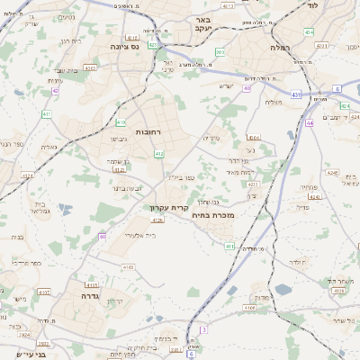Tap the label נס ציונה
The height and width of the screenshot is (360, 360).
tap(123, 46)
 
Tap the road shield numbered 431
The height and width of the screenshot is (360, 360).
tap(296, 93)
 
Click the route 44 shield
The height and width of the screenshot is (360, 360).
tap(309, 123)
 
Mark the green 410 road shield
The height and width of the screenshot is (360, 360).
tap(121, 122)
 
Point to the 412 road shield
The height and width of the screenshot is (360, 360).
tap(159, 154)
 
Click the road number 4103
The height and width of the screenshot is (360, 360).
tap(129, 266)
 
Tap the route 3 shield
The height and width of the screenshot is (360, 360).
tap(204, 330)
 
